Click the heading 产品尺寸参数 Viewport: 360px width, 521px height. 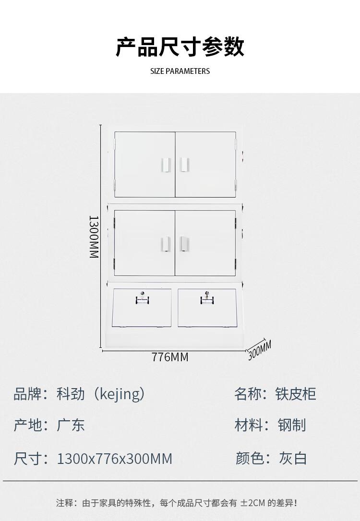pyautogui.click(x=180, y=47)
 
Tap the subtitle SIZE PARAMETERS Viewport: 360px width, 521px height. pyautogui.click(x=180, y=71)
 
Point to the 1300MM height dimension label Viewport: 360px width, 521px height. pyautogui.click(x=94, y=236)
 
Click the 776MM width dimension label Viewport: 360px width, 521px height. pyautogui.click(x=170, y=357)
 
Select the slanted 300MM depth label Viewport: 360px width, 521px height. pyautogui.click(x=260, y=350)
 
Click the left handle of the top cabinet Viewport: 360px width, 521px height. pyautogui.click(x=165, y=164)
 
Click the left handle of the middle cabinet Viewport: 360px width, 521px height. pyautogui.click(x=165, y=243)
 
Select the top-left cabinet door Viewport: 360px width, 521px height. pyautogui.click(x=144, y=164)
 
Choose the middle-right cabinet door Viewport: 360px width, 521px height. pyautogui.click(x=205, y=243)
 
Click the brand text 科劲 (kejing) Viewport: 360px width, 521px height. pyautogui.click(x=100, y=394)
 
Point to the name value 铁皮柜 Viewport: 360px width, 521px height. pyautogui.click(x=296, y=394)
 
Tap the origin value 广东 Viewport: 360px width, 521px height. pyautogui.click(x=71, y=425)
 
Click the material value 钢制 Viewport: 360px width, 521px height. pyautogui.click(x=292, y=425)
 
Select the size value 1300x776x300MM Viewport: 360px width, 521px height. pyautogui.click(x=114, y=459)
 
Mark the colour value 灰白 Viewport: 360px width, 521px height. pyautogui.click(x=293, y=458)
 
